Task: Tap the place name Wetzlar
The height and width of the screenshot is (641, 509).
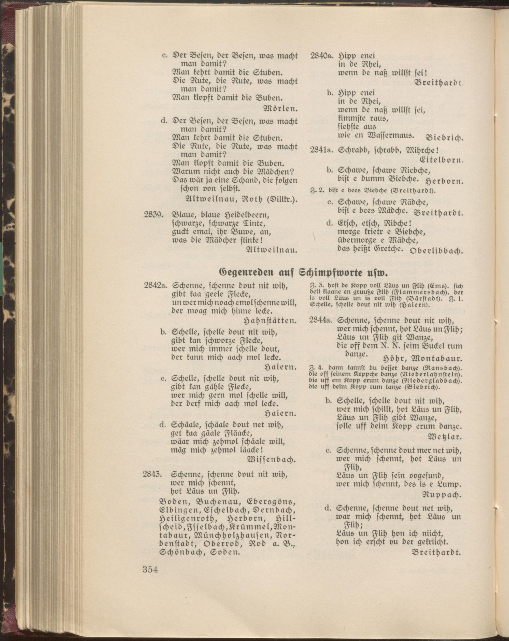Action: [444, 437]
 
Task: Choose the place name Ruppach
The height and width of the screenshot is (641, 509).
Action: [442, 495]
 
